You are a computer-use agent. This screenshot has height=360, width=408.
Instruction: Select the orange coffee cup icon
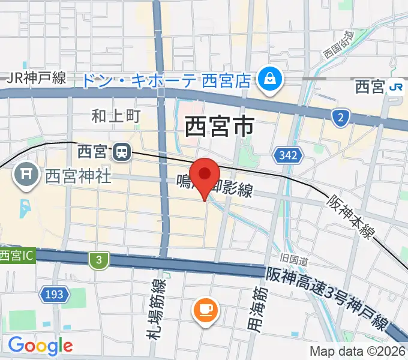click(205, 310)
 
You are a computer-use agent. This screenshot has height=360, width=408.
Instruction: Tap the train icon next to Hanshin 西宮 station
click(122, 152)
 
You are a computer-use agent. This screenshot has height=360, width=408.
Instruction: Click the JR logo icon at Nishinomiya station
click(395, 87)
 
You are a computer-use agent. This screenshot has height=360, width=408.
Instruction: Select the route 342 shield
click(287, 157)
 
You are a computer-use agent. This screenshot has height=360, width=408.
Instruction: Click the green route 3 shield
click(98, 260)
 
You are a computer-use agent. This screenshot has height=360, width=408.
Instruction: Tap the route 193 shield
click(52, 294)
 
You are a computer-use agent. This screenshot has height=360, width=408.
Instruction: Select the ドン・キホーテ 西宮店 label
click(165, 80)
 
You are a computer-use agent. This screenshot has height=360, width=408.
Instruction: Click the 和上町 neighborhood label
click(116, 116)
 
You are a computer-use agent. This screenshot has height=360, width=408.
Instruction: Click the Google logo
click(40, 346)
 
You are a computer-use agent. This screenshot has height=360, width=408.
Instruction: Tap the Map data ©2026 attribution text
click(357, 351)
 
